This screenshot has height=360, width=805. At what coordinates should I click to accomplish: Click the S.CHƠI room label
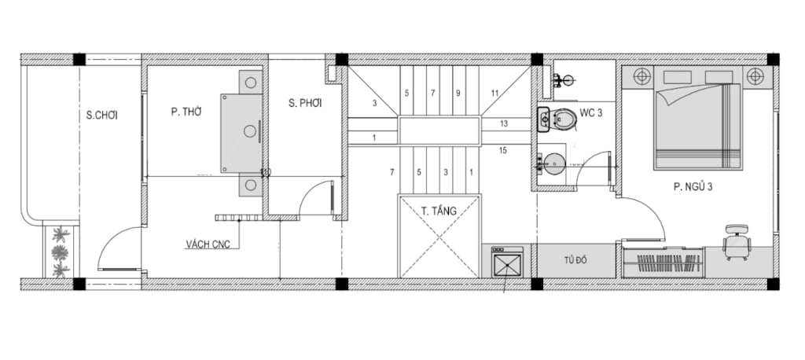point(101,116)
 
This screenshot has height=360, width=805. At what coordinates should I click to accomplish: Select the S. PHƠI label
point(305,103)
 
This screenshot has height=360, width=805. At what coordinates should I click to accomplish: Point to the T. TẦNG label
point(439,211)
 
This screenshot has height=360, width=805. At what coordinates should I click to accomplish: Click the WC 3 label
point(591,113)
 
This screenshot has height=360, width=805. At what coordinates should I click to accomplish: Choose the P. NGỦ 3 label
point(693,187)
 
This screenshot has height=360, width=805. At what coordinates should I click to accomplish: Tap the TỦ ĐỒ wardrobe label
point(575,260)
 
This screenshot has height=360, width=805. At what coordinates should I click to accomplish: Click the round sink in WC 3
point(553,163)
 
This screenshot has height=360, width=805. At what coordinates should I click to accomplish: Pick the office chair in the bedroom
point(737,242)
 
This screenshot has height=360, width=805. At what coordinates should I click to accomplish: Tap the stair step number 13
point(503,123)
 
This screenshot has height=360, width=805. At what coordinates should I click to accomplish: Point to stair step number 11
point(494,93)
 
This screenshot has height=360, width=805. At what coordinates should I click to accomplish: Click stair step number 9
point(458,93)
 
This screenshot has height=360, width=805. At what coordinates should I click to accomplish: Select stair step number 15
point(502,150)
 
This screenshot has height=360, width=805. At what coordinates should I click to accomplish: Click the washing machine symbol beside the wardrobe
point(507,263)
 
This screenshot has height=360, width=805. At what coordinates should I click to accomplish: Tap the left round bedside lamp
point(641,76)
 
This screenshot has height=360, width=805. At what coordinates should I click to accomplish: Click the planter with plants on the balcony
point(61,252)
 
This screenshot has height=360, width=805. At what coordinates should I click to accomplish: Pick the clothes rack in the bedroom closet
point(662,263)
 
